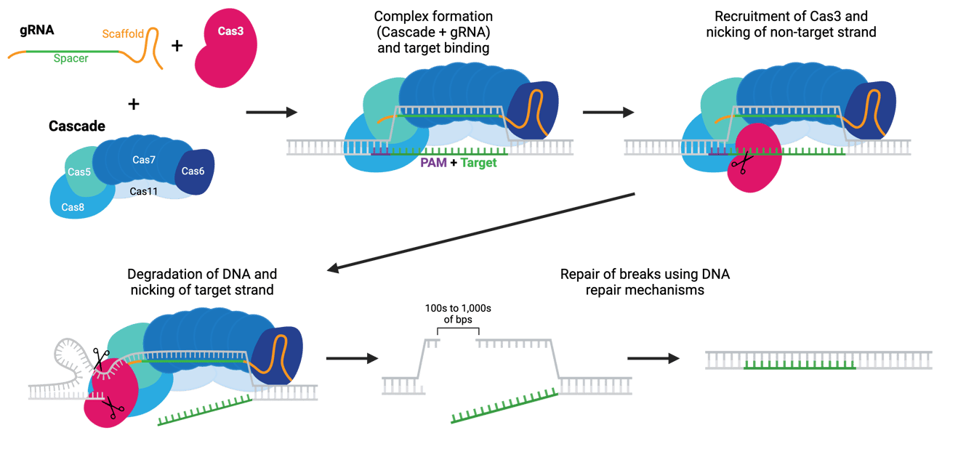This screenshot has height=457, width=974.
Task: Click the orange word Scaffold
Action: click(x=121, y=33)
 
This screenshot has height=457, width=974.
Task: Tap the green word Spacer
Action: click(x=71, y=59)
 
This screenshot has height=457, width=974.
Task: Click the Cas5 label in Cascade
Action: click(x=79, y=172)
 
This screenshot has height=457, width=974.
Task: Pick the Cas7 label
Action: click(x=144, y=159)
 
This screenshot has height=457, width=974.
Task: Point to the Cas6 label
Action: click(x=193, y=171)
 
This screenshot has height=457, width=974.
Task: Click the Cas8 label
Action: click(x=73, y=207)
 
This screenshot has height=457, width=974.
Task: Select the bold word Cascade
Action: click(x=77, y=126)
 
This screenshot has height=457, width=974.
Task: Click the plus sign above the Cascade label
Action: click(x=133, y=104)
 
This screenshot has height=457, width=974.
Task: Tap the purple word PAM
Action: click(x=434, y=163)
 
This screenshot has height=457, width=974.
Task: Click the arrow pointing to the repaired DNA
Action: click(x=653, y=359)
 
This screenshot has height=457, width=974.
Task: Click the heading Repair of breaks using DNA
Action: click(x=645, y=274)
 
